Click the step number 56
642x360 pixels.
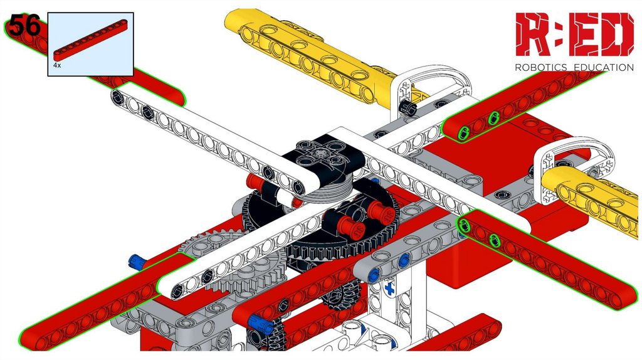24,24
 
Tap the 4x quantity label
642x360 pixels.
57,65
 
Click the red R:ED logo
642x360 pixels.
574,34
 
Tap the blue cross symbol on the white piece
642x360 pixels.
389,289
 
